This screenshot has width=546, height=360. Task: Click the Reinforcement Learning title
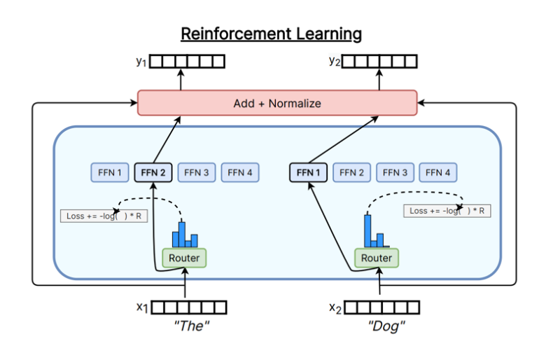click(x=272, y=34)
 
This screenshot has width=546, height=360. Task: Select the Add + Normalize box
click(x=277, y=103)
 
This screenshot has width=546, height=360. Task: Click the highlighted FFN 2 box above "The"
click(x=153, y=172)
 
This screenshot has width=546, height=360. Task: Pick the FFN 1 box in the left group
click(x=110, y=172)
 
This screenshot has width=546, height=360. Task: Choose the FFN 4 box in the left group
click(x=240, y=172)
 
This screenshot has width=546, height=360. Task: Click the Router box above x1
click(x=185, y=258)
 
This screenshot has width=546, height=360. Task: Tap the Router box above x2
click(x=377, y=258)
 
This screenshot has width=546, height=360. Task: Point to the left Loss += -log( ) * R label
click(x=104, y=216)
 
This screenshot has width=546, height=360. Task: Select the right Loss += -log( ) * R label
click(x=447, y=211)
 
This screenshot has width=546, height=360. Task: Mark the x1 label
click(x=143, y=307)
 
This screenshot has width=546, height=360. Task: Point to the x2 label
click(x=335, y=307)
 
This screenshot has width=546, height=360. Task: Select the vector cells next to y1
click(x=188, y=62)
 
